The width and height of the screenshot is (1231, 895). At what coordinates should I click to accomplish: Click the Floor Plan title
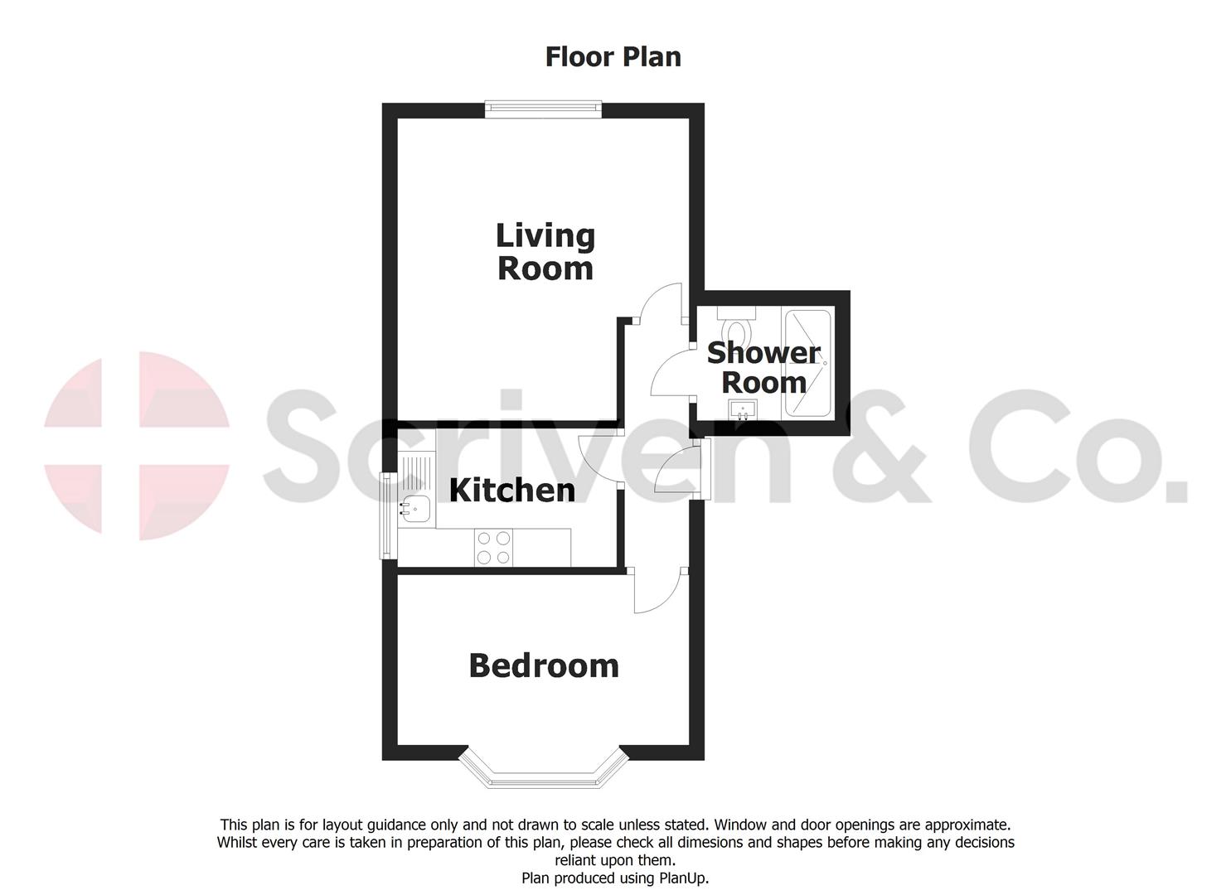pos(613,56)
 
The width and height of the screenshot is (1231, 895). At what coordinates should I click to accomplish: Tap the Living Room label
pos(545,252)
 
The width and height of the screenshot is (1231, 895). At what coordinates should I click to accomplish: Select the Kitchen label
pos(511,490)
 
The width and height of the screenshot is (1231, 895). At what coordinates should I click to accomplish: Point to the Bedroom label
pos(544,665)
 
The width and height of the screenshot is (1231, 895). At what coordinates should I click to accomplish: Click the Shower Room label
pos(763,367)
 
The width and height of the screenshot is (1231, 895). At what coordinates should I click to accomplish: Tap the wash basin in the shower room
pos(743,410)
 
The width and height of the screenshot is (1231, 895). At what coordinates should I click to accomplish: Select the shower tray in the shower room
pos(807,364)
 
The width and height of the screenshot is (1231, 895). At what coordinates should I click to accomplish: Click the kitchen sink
pos(415,508)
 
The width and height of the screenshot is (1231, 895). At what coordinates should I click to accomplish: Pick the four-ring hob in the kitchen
pos(493,548)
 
